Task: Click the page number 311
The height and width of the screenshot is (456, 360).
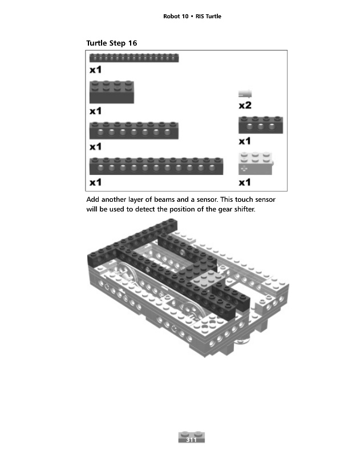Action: [x=191, y=440]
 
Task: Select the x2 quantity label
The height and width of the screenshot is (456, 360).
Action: [x=245, y=105]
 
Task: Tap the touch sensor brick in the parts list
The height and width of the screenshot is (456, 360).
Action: [x=256, y=164]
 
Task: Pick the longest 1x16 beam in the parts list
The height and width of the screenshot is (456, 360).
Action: [x=164, y=165]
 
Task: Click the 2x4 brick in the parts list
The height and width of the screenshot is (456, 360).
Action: [x=112, y=92]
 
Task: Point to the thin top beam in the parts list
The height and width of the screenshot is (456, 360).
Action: [x=134, y=58]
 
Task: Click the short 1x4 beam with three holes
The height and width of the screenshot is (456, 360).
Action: [x=260, y=125]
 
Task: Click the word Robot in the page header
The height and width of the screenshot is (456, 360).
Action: [x=172, y=16]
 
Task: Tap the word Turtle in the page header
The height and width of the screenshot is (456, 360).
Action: [x=212, y=16]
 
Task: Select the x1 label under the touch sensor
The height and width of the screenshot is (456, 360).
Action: [x=245, y=182]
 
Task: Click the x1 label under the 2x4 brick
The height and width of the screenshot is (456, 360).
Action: [x=95, y=110]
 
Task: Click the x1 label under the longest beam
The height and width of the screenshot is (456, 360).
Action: [x=95, y=182]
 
